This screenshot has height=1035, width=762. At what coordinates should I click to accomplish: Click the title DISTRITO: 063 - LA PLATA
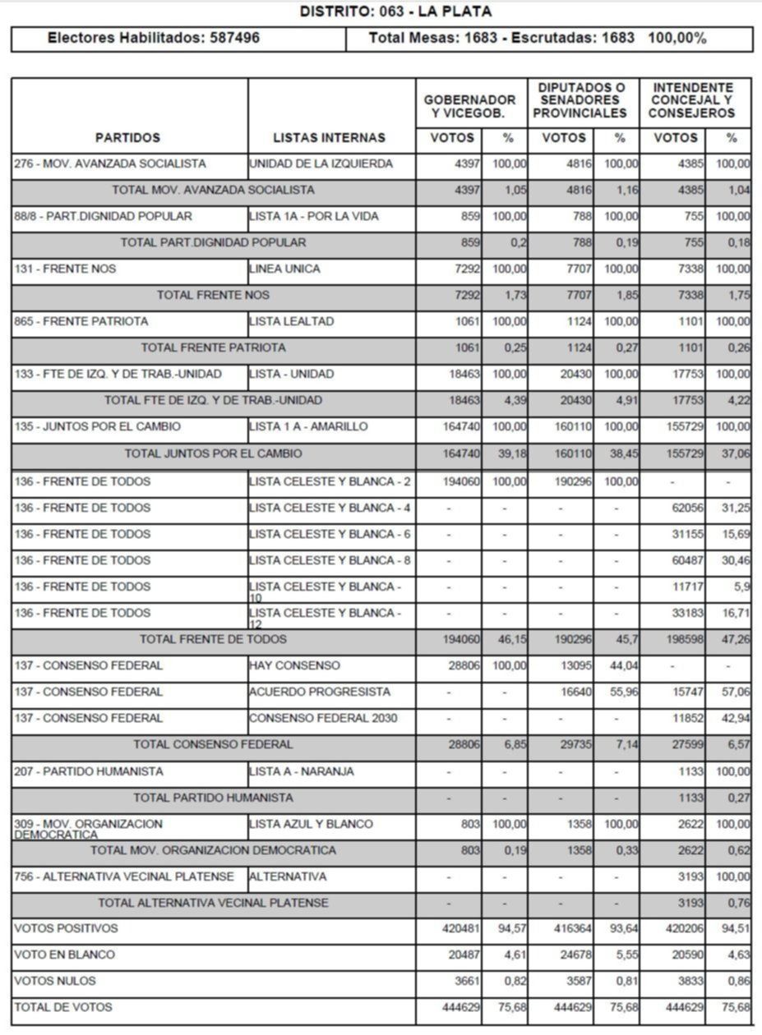(395, 11)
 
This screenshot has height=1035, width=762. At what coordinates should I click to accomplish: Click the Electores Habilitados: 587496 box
(154, 38)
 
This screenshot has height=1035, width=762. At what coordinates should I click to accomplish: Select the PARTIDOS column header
(127, 138)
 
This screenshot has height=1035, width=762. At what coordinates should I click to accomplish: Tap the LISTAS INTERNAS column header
(329, 138)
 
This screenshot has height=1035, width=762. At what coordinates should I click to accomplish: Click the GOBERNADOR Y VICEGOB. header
(469, 106)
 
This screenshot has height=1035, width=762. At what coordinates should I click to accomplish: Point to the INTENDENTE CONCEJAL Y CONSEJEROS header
(691, 100)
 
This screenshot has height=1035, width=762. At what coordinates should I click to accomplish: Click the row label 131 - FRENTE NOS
(66, 269)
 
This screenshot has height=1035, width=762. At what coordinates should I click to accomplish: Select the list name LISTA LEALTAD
(292, 321)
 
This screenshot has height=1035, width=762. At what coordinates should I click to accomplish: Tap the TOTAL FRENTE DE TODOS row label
(213, 639)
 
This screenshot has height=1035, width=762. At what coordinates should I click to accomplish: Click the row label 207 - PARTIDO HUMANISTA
(89, 771)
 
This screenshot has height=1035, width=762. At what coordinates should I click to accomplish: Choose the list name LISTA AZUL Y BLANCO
(311, 824)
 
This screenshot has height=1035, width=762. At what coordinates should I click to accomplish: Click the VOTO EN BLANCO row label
(65, 954)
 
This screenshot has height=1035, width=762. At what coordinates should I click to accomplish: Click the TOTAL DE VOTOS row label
(63, 1007)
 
